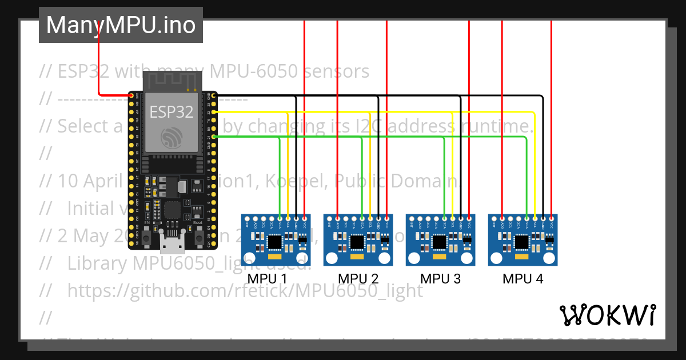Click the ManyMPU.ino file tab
pos(121,25)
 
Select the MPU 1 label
pos(267,279)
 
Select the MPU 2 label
pos(358,279)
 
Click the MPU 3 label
pos(440,279)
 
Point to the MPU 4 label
pos(523,279)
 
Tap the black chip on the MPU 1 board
pos(276,242)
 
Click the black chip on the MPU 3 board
pos(440,242)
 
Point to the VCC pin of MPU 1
pos(305,218)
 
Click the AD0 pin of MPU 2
pos(338,218)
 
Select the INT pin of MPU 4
pos(494,218)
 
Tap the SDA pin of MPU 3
pos(444,218)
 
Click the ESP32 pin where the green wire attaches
pos(214,137)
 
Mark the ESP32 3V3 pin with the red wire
pos(131,95)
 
